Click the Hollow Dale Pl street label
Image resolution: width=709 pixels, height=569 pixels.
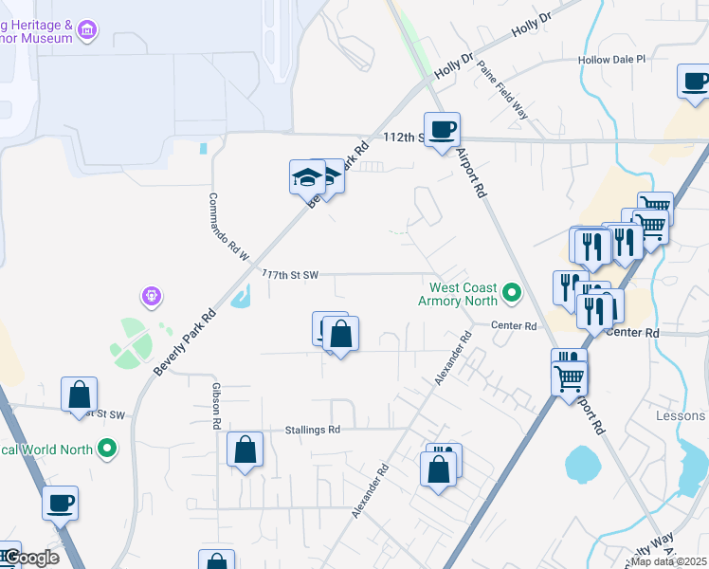[x=611, y=59]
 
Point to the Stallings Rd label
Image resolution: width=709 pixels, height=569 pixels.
[x=312, y=430]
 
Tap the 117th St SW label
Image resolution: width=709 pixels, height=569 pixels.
[x=289, y=274]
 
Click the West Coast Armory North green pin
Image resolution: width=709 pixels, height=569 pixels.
[x=512, y=293]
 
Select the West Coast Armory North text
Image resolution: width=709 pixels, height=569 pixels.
[x=464, y=294]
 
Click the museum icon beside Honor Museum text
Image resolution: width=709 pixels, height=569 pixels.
[x=88, y=31]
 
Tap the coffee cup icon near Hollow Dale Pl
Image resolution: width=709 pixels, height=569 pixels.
[x=695, y=82]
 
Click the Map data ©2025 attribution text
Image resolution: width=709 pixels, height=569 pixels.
[x=668, y=561]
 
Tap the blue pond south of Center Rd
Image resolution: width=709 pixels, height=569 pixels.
[x=580, y=466]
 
